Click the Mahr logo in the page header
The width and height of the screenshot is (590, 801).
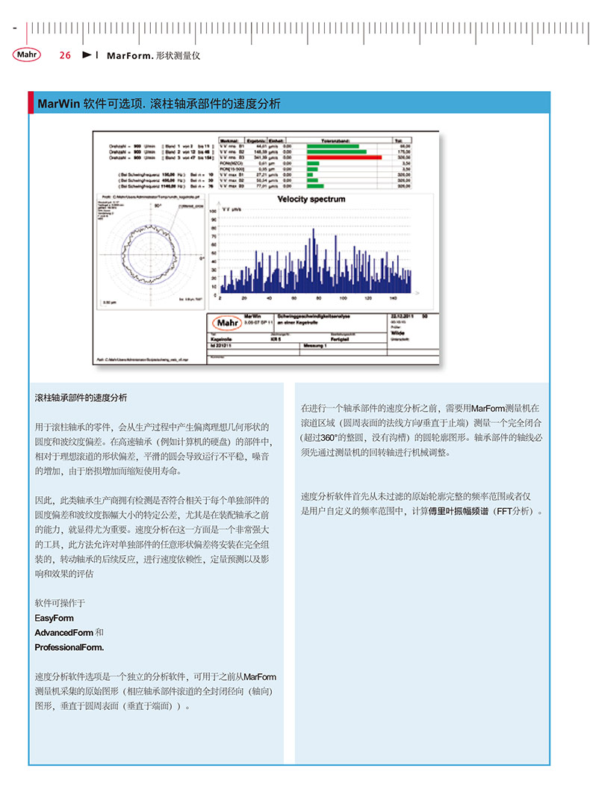coord(27,55)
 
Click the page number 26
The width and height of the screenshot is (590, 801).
coord(65,55)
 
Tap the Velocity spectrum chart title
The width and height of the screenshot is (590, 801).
coord(311,200)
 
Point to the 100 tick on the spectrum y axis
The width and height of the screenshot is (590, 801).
coord(214,211)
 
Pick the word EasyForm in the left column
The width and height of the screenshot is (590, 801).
coord(55,619)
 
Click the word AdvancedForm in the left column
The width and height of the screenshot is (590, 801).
coord(64,633)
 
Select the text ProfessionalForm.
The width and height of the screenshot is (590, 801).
coord(69,647)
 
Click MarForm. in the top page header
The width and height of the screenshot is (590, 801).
coord(131,55)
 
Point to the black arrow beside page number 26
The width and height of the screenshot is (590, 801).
coord(86,55)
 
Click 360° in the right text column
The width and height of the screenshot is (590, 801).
coord(332,437)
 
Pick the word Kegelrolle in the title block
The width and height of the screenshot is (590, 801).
coord(221,338)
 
